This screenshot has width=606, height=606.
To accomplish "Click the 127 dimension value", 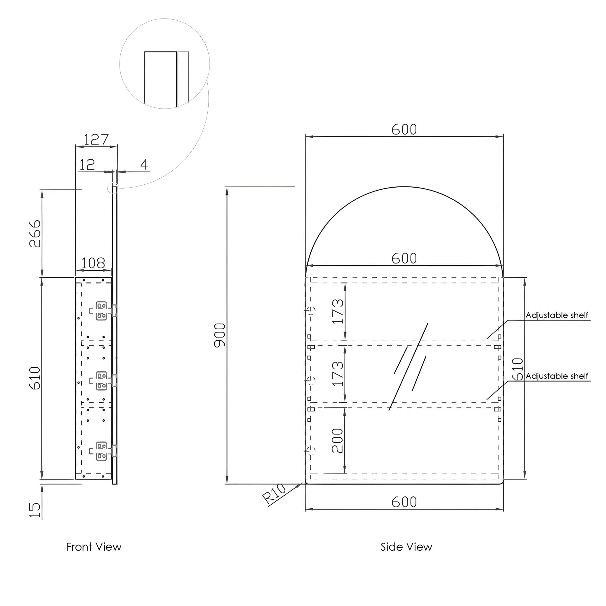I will pos(96,140).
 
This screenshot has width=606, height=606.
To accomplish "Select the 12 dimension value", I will pos(87,164).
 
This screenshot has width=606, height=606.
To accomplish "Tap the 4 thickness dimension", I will pos(144,164).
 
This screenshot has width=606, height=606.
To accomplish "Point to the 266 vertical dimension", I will pos(35,234).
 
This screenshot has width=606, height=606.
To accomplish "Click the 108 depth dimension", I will pos(93,263).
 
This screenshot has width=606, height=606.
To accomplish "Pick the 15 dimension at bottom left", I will pos(35,510).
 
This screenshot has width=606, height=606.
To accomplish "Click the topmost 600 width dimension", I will pos(404,130).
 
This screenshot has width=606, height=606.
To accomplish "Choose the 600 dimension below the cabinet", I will pos(404,502).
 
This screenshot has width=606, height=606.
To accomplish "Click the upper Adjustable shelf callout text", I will pos(557,315).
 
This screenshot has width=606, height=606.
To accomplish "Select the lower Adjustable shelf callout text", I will pos(557,376).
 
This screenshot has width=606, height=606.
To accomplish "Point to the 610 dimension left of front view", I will pos(35,378).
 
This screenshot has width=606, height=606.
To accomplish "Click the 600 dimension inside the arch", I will pos(404,258).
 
